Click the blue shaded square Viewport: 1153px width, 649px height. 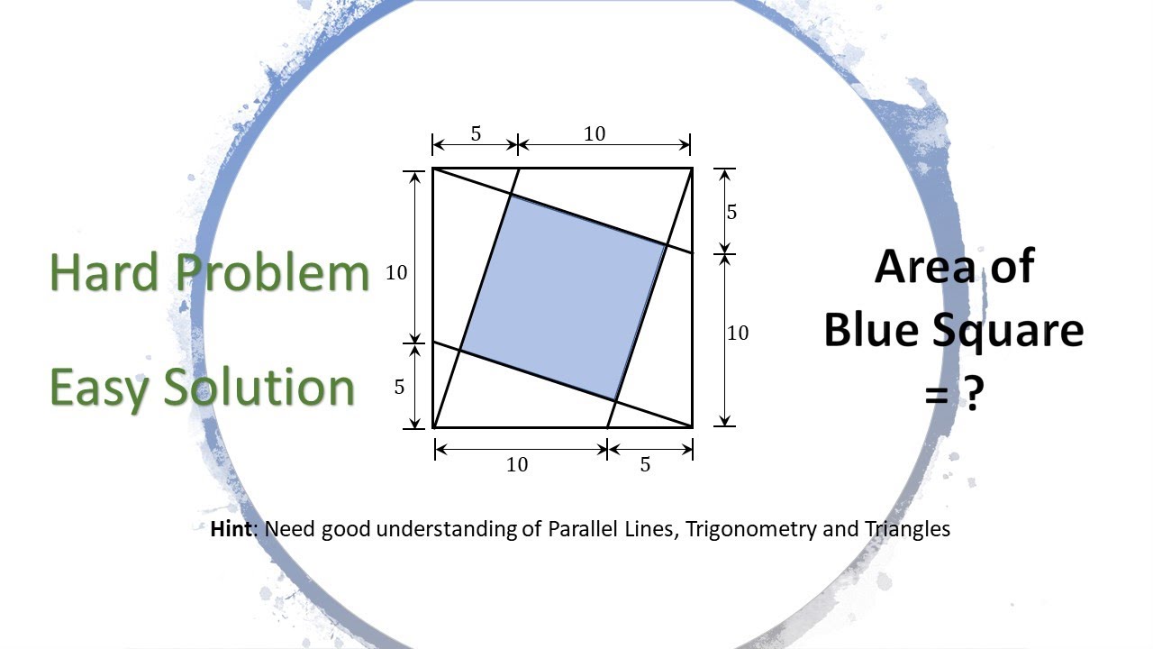(563, 297)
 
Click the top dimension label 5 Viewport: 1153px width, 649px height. (476, 134)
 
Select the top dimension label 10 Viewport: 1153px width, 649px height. (595, 134)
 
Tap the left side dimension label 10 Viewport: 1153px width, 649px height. (397, 272)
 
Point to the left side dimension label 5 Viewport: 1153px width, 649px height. (399, 387)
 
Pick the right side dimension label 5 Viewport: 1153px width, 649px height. (731, 212)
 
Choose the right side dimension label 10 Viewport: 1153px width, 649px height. (737, 334)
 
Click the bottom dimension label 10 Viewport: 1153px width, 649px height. (517, 464)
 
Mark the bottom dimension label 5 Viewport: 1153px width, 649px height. (645, 464)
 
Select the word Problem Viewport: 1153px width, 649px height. (270, 271)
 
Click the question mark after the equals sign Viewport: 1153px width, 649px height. (971, 394)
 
